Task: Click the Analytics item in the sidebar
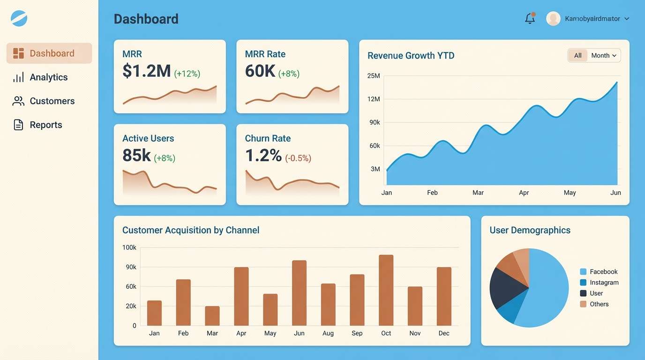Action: tap(48, 77)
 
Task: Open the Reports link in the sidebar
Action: tap(45, 125)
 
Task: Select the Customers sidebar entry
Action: tap(52, 101)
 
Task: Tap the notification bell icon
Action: tap(530, 19)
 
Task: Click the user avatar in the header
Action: tap(553, 19)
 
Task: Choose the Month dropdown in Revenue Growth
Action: tap(603, 55)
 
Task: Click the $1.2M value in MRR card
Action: tap(146, 71)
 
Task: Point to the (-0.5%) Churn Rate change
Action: tap(298, 158)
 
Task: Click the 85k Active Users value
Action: tap(136, 155)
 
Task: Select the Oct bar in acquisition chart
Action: tap(386, 290)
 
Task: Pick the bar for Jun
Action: tap(299, 293)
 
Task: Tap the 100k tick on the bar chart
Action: tap(129, 247)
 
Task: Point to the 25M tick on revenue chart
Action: tap(374, 75)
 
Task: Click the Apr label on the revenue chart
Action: tap(524, 193)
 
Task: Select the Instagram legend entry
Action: tap(604, 283)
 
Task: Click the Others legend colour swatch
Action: tap(583, 304)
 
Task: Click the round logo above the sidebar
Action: tap(19, 18)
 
